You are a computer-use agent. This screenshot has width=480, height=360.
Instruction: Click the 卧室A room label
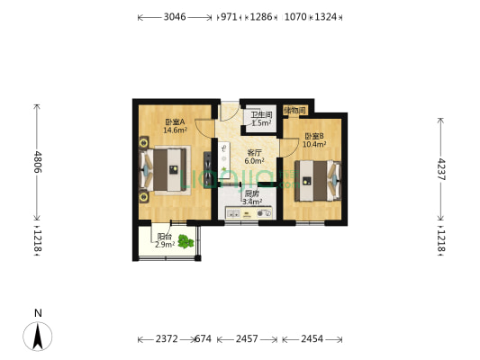pyautogui.click(x=174, y=121)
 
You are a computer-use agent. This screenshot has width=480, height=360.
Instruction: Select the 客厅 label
pyautogui.click(x=254, y=152)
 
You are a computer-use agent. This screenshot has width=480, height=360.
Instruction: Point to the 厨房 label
pyautogui.click(x=252, y=193)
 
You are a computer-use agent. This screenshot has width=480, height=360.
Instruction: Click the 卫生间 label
pyautogui.click(x=260, y=114)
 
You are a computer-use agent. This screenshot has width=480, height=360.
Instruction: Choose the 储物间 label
pyautogui.click(x=294, y=111)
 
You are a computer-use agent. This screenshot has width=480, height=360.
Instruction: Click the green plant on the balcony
pyautogui.click(x=186, y=240)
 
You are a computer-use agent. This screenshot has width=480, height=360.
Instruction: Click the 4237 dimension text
pyautogui.click(x=440, y=169)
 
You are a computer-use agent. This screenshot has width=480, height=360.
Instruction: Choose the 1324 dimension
pyautogui.click(x=327, y=17)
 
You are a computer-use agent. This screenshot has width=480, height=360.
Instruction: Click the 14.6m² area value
pyautogui.click(x=174, y=130)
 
